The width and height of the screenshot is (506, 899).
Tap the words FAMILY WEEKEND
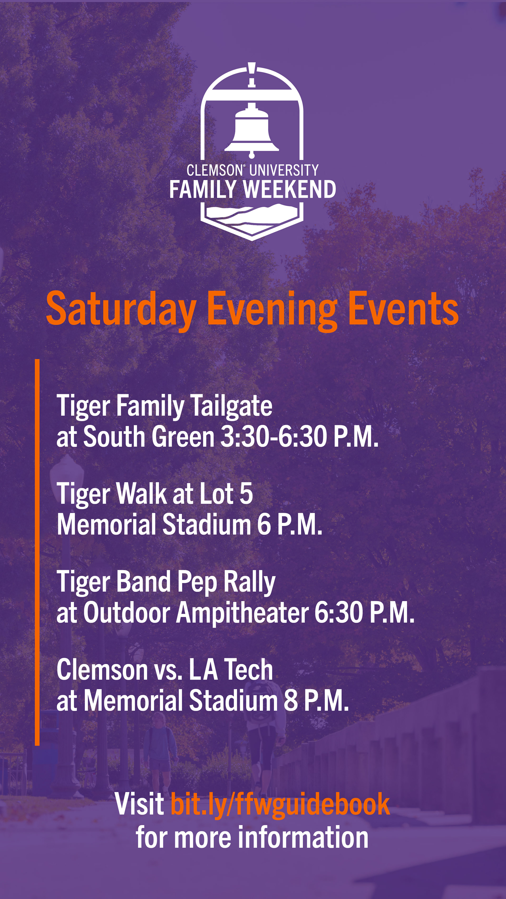[252, 190]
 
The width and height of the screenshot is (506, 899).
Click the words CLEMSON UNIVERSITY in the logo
[252, 170]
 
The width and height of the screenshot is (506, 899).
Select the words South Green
[149, 437]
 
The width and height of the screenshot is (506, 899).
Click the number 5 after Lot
[246, 494]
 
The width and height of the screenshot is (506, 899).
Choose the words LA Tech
[231, 670]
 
